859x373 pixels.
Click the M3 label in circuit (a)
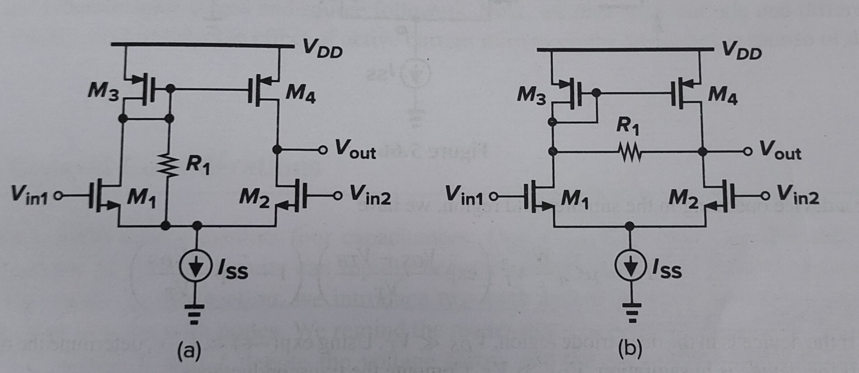(x=103, y=93)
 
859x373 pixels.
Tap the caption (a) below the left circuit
(x=189, y=351)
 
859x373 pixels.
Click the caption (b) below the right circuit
(x=630, y=349)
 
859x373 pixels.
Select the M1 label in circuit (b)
(x=574, y=199)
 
